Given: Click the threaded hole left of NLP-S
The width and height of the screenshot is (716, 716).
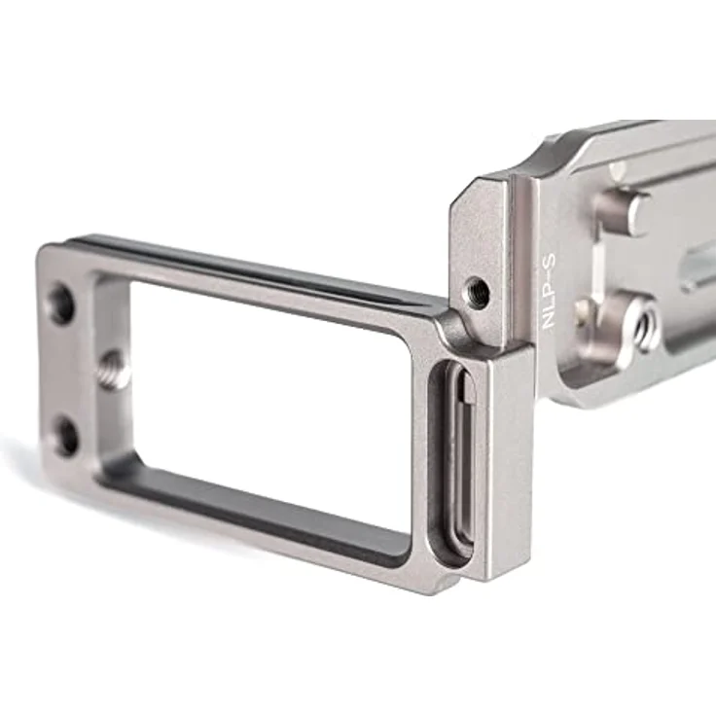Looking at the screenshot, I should (x=477, y=292).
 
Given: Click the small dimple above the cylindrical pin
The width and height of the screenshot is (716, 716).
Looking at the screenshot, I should (x=617, y=172).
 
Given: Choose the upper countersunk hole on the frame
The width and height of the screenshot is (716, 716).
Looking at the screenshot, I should (x=60, y=304).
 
